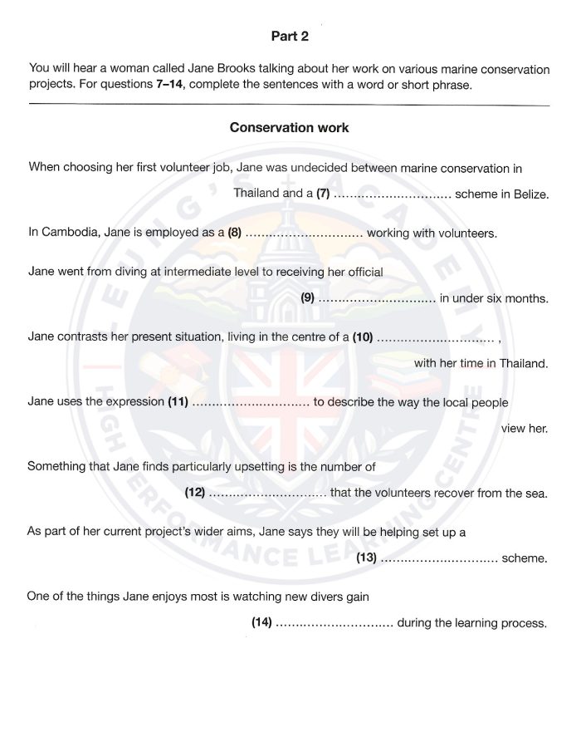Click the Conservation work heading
(x=289, y=128)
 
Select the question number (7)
(x=324, y=194)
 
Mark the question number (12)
(x=195, y=493)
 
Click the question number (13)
(x=366, y=558)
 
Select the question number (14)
(x=261, y=622)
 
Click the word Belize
(x=530, y=194)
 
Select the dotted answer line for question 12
(x=266, y=494)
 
